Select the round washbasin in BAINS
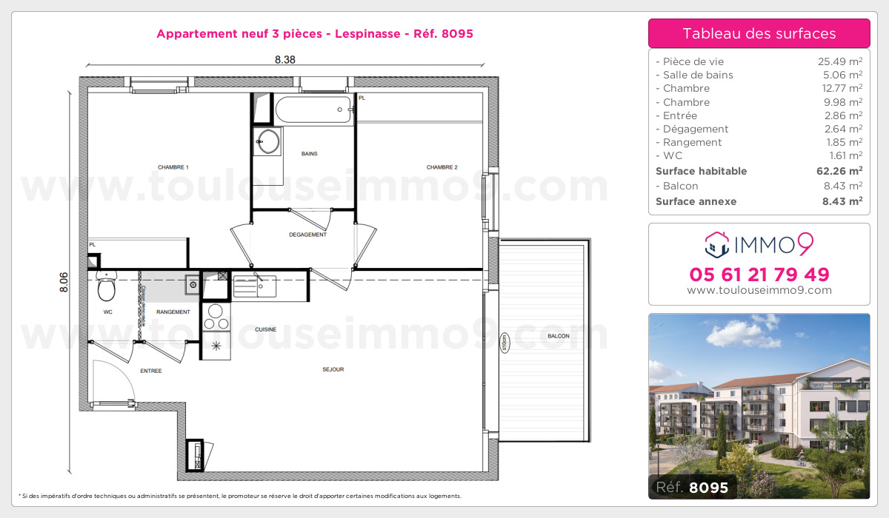tap(267, 141)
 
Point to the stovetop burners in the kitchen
tap(216, 317)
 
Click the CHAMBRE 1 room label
tap(173, 167)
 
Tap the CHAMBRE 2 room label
tap(442, 167)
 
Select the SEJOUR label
tap(333, 369)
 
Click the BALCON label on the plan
tap(558, 336)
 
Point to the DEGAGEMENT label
tap(307, 235)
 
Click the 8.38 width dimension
tap(285, 61)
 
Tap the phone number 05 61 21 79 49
tap(759, 275)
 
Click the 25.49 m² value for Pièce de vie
tap(839, 62)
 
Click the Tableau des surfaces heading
tap(759, 33)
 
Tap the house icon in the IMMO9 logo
tap(716, 242)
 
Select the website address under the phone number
tap(759, 291)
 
